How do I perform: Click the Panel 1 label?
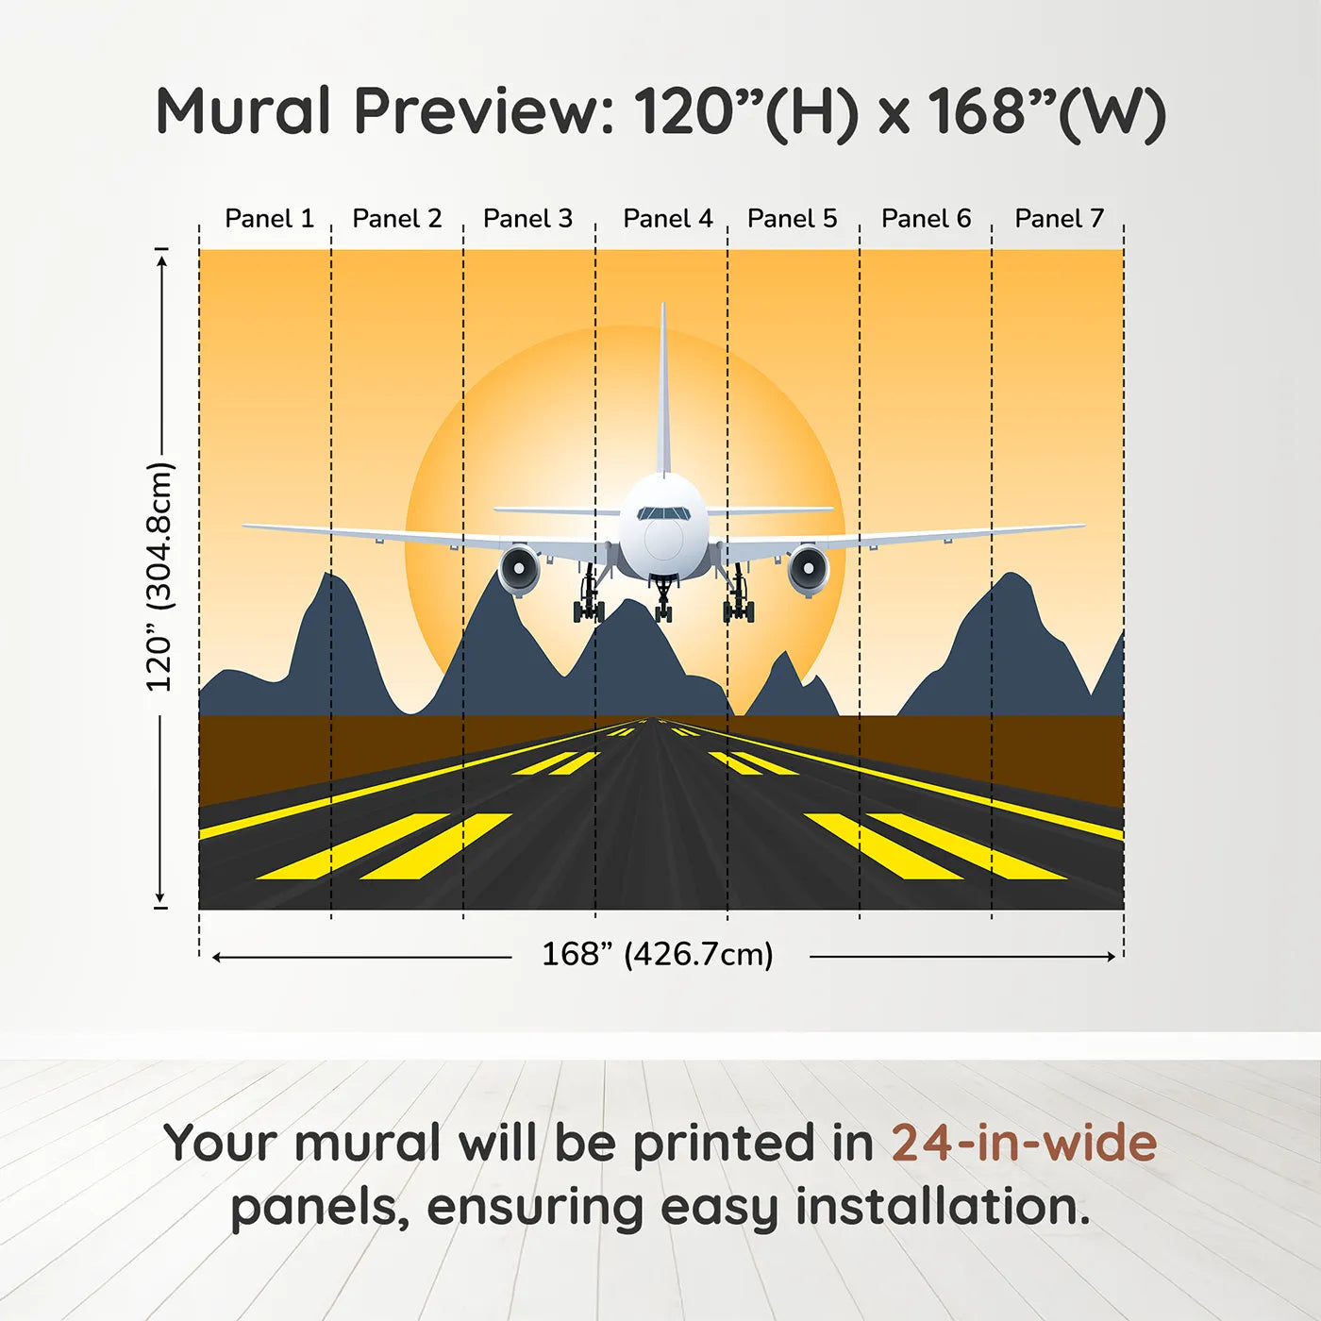coord(269,219)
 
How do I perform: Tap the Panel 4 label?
coord(667,219)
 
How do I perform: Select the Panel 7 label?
coord(1059,219)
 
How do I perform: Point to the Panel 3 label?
coord(527,219)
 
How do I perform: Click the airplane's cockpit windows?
coord(663,513)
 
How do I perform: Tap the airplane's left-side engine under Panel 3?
coord(519,569)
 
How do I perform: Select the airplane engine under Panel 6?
coord(808,569)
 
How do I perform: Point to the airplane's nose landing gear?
coord(663,599)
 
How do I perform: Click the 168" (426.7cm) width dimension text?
coord(658,955)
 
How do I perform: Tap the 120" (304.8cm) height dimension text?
coord(160,577)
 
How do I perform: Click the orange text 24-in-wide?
coord(1024,1144)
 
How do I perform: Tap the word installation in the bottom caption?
coord(943,1207)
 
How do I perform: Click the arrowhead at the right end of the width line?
coord(1111,957)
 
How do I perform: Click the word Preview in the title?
coord(484,111)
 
